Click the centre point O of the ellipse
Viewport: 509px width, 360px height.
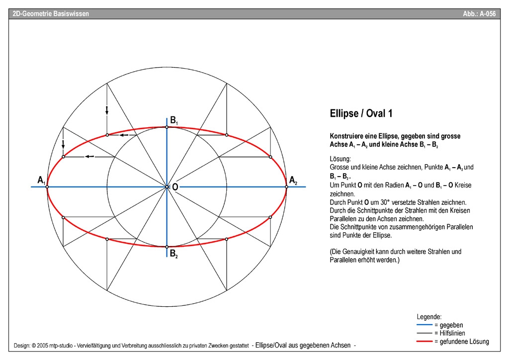coord(167,186)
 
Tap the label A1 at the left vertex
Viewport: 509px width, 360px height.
coord(41,180)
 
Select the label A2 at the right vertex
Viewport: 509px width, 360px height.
coord(293,180)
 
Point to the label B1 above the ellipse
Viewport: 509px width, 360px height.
coord(174,120)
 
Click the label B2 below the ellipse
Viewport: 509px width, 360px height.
coord(173,255)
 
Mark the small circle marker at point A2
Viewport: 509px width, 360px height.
coord(287,186)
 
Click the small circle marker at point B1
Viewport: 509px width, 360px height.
coord(167,127)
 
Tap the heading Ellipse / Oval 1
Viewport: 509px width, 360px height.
coord(361,113)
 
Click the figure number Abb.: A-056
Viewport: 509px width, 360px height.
coord(479,14)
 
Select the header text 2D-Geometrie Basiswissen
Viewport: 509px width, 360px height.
coord(51,14)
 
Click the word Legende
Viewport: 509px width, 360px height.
coord(429,317)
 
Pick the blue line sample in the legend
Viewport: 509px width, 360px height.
coord(424,325)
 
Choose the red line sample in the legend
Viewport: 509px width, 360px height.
coord(424,342)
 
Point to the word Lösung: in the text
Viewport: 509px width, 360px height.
coord(340,159)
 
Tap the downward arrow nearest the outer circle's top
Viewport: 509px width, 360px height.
coord(107,110)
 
